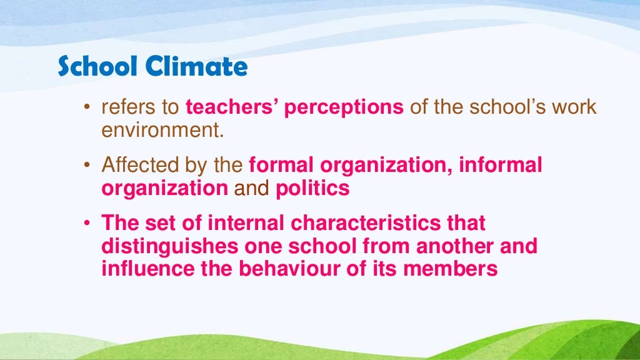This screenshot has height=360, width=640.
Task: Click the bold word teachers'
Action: (231, 107)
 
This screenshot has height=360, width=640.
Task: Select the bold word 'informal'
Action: (501, 166)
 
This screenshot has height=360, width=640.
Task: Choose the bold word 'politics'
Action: (312, 188)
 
